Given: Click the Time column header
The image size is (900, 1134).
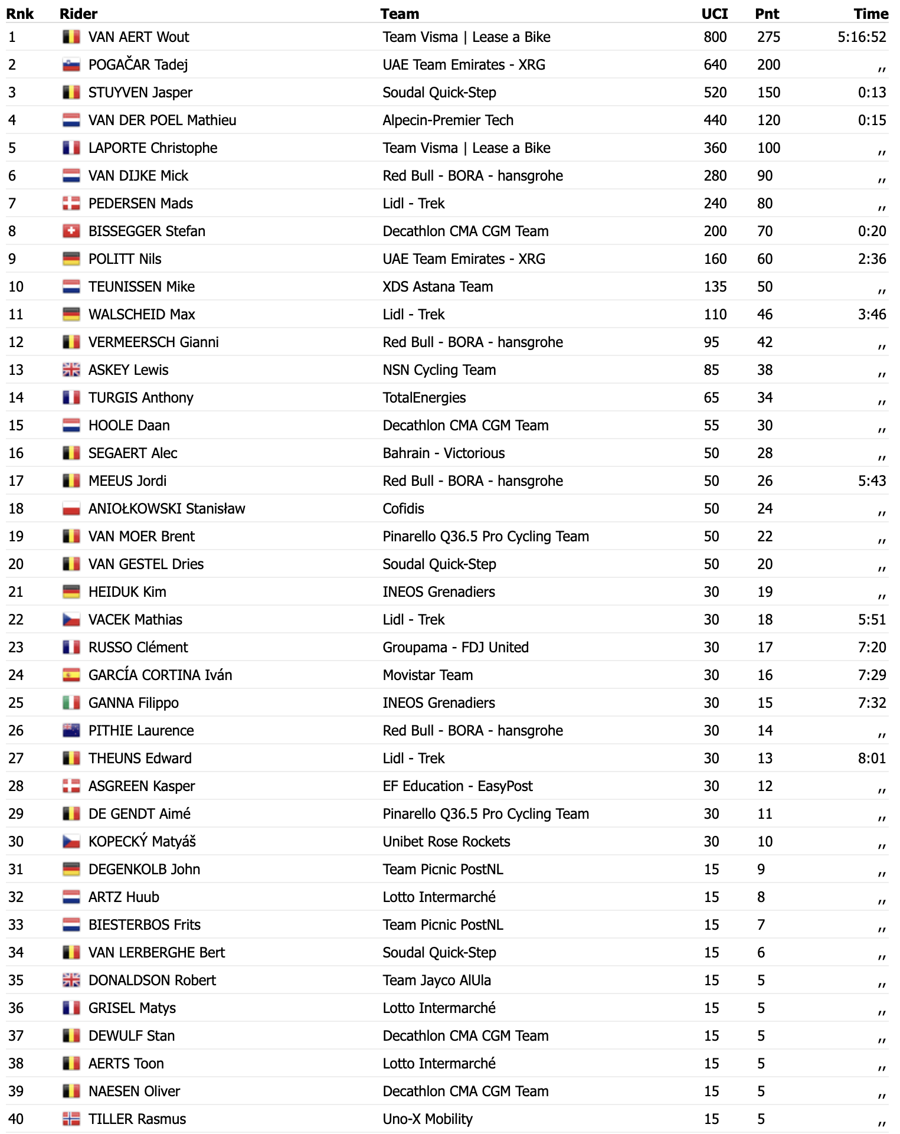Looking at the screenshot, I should pos(870,14).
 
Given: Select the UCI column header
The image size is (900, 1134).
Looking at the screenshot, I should pos(714,14).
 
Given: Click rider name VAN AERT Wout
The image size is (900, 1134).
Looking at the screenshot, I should pos(139,37).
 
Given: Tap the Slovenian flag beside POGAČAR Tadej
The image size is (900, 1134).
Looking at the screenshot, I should pos(71,65).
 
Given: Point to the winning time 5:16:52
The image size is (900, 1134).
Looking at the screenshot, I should pos(862,37).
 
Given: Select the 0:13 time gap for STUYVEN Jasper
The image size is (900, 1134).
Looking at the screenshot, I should pos(872,93).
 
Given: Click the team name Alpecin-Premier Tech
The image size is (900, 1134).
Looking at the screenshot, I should pos(448,120).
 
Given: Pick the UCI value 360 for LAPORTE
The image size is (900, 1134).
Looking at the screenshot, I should pos(715,148).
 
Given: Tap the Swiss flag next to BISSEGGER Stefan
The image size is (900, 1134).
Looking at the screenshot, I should pos(71,231).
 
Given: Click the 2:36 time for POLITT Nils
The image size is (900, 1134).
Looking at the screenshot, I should pos(872,259).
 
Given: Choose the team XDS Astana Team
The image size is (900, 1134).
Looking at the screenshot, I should pos(437,287).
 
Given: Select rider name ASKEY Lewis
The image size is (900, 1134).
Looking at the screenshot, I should pos(128,370).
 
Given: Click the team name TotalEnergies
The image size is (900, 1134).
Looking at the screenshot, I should pos(424,398).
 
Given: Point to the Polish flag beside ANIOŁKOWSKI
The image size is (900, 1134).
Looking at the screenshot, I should pos(71,509).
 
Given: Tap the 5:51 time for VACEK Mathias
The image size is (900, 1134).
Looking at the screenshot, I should pos(872,620).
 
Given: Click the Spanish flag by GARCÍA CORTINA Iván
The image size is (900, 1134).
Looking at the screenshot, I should pos(71,675).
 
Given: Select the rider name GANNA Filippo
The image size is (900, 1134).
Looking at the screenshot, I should pos(133,703).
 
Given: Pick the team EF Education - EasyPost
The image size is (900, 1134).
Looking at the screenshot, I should pos(457,786).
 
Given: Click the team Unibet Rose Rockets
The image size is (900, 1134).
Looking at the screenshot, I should pos(446,842).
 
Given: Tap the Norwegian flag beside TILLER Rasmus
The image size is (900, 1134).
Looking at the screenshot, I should pos(71,1119).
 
